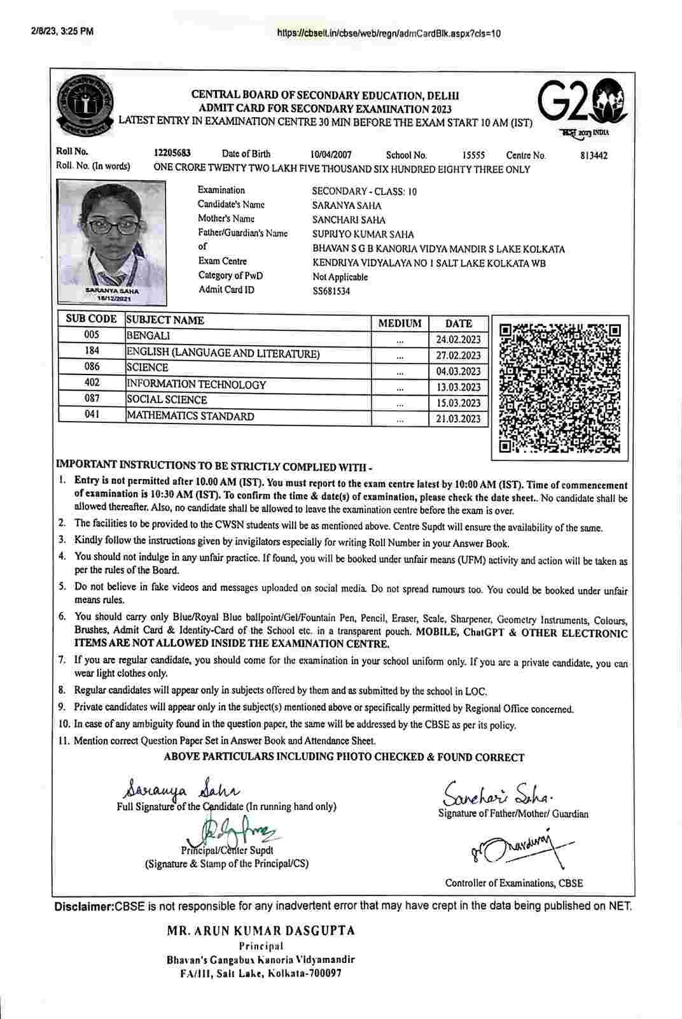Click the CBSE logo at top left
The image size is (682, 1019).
pyautogui.click(x=85, y=103)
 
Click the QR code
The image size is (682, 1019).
pyautogui.click(x=560, y=388)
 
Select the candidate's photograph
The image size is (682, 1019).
pyautogui.click(x=111, y=240)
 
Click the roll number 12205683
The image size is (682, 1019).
pyautogui.click(x=172, y=153)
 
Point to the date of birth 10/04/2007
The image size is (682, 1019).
pyautogui.click(x=331, y=155)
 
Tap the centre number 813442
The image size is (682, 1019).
pyautogui.click(x=594, y=155)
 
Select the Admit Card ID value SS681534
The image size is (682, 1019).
pyautogui.click(x=331, y=292)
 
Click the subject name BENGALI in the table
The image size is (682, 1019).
pyautogui.click(x=148, y=336)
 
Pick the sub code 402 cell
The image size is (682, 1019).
pyautogui.click(x=92, y=383)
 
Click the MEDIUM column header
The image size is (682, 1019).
pyautogui.click(x=400, y=323)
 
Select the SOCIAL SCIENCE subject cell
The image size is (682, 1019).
pyautogui.click(x=167, y=400)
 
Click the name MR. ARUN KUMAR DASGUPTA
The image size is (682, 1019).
pyautogui.click(x=261, y=930)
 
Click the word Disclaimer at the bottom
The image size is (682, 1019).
pyautogui.click(x=83, y=906)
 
